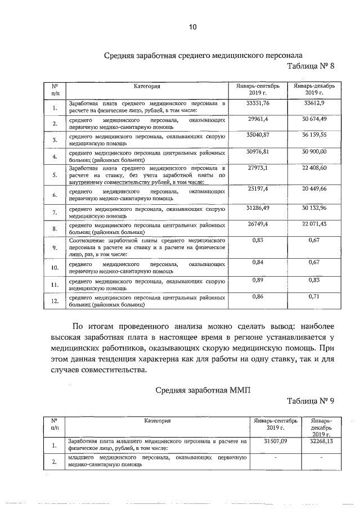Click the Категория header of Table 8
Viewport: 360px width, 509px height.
point(147,87)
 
